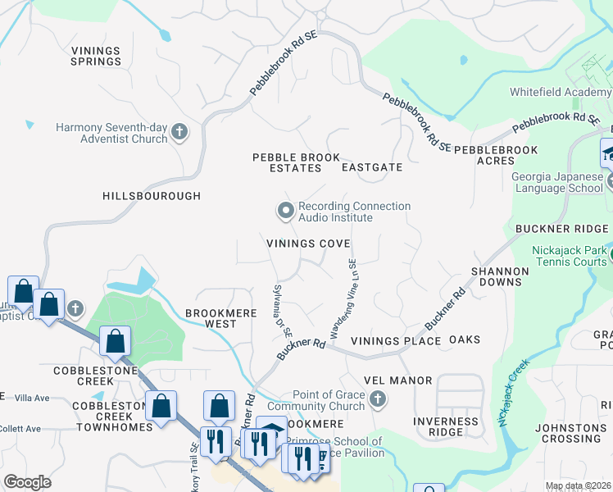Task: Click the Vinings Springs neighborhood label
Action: point(96,56)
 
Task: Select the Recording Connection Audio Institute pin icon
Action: point(285,212)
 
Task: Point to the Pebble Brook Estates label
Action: point(286,162)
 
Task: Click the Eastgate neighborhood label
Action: point(372,167)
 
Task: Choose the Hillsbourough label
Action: point(152,196)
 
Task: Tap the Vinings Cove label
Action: point(308,244)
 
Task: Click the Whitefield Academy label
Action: point(560,93)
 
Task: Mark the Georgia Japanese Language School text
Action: point(556,182)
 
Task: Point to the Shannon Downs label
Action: point(497,276)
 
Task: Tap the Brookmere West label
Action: point(211,318)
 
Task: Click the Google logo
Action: point(28,481)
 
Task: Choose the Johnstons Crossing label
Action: point(572,433)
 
